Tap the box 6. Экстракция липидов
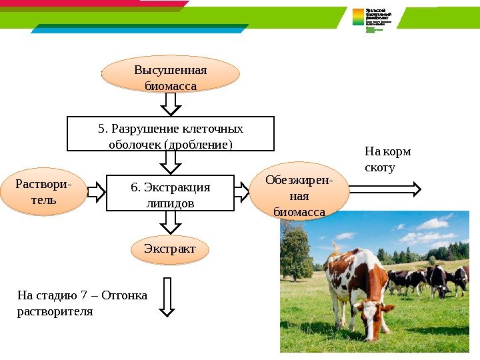point(171,193)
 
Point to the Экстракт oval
point(170,249)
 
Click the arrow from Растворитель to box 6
point(97,192)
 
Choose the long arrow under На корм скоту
point(385,189)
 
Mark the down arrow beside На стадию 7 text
point(167,297)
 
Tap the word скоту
point(380,167)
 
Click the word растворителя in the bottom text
point(55,311)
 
